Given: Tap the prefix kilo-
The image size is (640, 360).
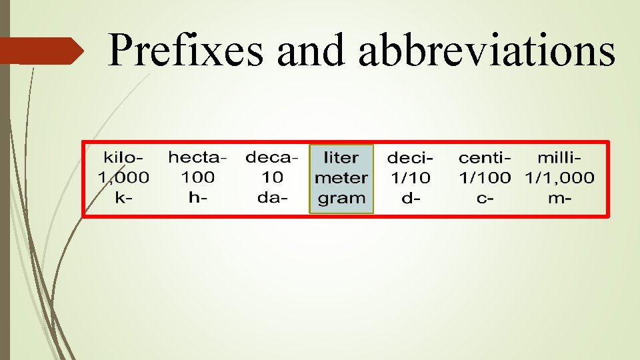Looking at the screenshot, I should point(123,158).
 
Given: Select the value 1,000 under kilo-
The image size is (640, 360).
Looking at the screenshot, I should point(123,178).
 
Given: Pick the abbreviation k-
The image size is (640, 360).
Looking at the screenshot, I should point(123,198).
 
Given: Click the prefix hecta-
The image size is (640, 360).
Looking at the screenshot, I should point(197,158).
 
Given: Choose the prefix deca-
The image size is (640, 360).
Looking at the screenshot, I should point(272,158).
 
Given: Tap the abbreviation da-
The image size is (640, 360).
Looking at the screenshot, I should point(272,198).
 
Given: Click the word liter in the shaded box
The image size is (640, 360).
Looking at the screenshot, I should point(341,158).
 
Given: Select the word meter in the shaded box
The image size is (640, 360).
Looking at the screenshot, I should point(341,178).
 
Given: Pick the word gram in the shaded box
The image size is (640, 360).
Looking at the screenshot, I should point(341,198).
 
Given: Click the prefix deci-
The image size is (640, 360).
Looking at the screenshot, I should point(410,158).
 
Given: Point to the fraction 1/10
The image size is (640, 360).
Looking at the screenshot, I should point(410,178).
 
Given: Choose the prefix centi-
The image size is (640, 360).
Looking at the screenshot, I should point(485,158).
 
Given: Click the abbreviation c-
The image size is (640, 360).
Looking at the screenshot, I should point(485,198).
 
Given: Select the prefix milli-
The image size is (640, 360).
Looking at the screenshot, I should point(559,158).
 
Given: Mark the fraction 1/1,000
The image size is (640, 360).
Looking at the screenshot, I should point(559,178).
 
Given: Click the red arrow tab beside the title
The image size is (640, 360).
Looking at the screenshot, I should point(40,51).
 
